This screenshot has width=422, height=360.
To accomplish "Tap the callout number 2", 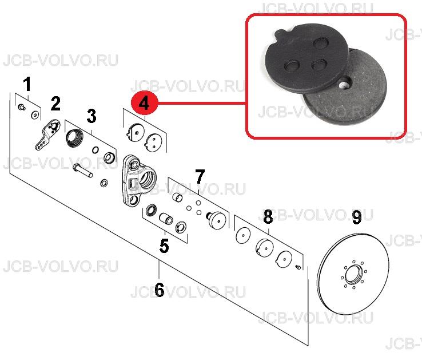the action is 55,104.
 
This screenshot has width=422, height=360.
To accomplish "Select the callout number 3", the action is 91,116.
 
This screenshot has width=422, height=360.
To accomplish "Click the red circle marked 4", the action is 144,104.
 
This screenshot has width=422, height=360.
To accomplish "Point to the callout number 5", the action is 164,246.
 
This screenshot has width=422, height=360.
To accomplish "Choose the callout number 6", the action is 160,290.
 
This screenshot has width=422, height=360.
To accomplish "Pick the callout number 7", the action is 200,176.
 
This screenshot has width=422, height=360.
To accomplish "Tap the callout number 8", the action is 268,217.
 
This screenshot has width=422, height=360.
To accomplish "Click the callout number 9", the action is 357,217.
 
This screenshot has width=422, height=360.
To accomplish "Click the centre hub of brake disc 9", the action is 353,275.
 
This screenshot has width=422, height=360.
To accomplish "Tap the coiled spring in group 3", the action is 74,139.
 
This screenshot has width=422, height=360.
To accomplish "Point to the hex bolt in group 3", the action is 82,171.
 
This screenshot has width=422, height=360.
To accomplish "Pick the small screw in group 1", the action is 22,108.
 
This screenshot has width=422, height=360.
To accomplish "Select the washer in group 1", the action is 35,114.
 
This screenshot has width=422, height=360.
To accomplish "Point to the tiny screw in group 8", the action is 298,267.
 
